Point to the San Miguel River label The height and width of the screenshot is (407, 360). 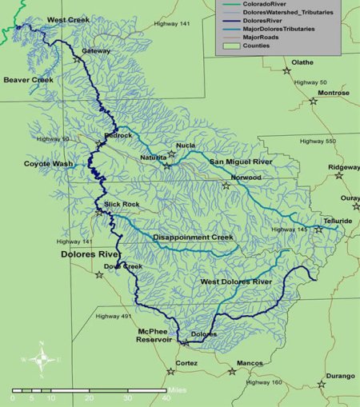pyautogui.click(x=242, y=162)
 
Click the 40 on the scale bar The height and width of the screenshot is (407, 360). pyautogui.click(x=166, y=398)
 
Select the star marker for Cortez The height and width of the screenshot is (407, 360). pyautogui.click(x=170, y=370)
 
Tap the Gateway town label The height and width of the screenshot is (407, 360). pyautogui.click(x=96, y=50)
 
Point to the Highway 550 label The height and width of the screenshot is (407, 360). pyautogui.click(x=317, y=142)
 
